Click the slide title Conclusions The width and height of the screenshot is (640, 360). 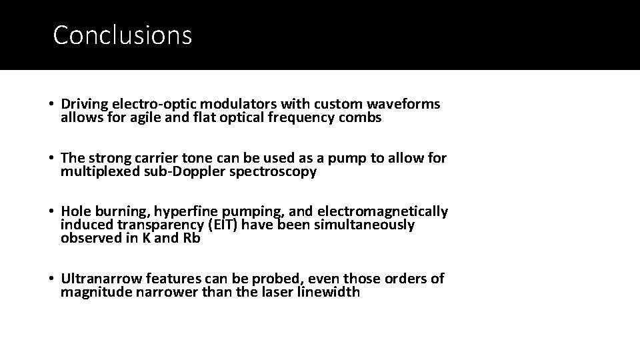point(122,35)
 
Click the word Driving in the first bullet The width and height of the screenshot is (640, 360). point(85,104)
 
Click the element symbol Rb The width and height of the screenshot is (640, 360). point(191,239)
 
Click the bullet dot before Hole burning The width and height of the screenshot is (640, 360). point(51,212)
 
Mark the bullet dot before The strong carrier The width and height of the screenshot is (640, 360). point(51,159)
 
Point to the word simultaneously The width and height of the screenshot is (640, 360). point(360,225)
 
